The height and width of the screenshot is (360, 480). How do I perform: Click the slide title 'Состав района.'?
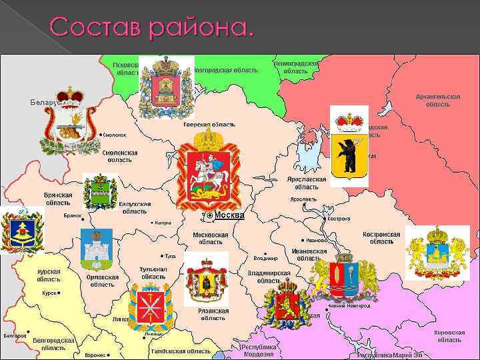pyautogui.click(x=152, y=27)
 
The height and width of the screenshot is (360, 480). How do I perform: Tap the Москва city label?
pyautogui.click(x=229, y=215)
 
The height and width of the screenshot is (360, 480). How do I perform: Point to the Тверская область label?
pyautogui.click(x=209, y=125)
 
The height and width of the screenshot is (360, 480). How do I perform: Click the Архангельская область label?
pyautogui.click(x=438, y=100)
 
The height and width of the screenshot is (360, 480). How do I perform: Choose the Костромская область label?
pyautogui.click(x=381, y=238)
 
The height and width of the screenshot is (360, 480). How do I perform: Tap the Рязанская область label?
pyautogui.click(x=213, y=314)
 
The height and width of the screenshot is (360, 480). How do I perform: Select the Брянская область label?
pyautogui.click(x=58, y=199)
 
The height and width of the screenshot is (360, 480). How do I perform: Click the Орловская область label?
pyautogui.click(x=103, y=281)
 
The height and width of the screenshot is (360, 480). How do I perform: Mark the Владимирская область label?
pyautogui.click(x=269, y=277)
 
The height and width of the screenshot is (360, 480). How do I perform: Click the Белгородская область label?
pyautogui.click(x=53, y=343)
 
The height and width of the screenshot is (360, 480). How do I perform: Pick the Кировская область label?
pyautogui.click(x=448, y=335)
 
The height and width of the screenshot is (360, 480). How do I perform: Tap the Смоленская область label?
pyautogui.click(x=120, y=156)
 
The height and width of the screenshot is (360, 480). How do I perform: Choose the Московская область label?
pyautogui.click(x=210, y=238)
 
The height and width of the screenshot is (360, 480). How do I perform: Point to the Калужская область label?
pyautogui.click(x=135, y=207)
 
